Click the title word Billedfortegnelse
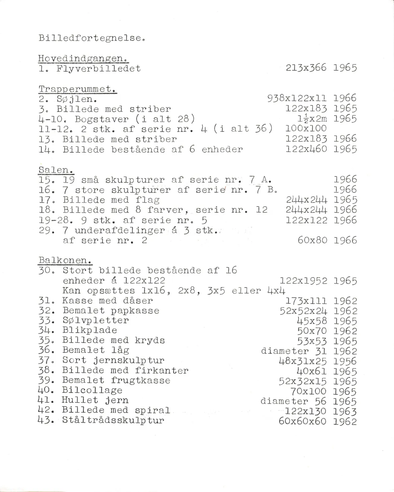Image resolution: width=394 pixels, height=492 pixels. tap(92, 38)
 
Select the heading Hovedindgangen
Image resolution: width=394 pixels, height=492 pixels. tap(83, 59)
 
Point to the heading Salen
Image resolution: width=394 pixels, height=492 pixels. tap(56, 170)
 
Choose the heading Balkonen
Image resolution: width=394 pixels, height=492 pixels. tap(65, 260)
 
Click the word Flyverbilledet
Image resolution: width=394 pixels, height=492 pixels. tap(98, 69)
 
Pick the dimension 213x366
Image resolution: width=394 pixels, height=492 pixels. tap(306, 68)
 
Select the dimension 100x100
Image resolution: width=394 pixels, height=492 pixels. tap(306, 129)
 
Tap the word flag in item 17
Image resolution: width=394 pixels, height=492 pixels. tap(147, 200)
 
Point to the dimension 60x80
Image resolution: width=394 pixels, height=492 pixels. tap(312, 240)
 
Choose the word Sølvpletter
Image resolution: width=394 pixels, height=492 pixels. tap(95, 320)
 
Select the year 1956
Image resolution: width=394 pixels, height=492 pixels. tap(345, 361)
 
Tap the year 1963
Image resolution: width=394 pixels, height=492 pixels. tap(345, 411)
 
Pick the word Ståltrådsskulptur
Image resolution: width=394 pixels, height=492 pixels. tap(113, 420)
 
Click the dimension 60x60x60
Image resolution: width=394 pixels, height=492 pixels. tap(302, 421)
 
